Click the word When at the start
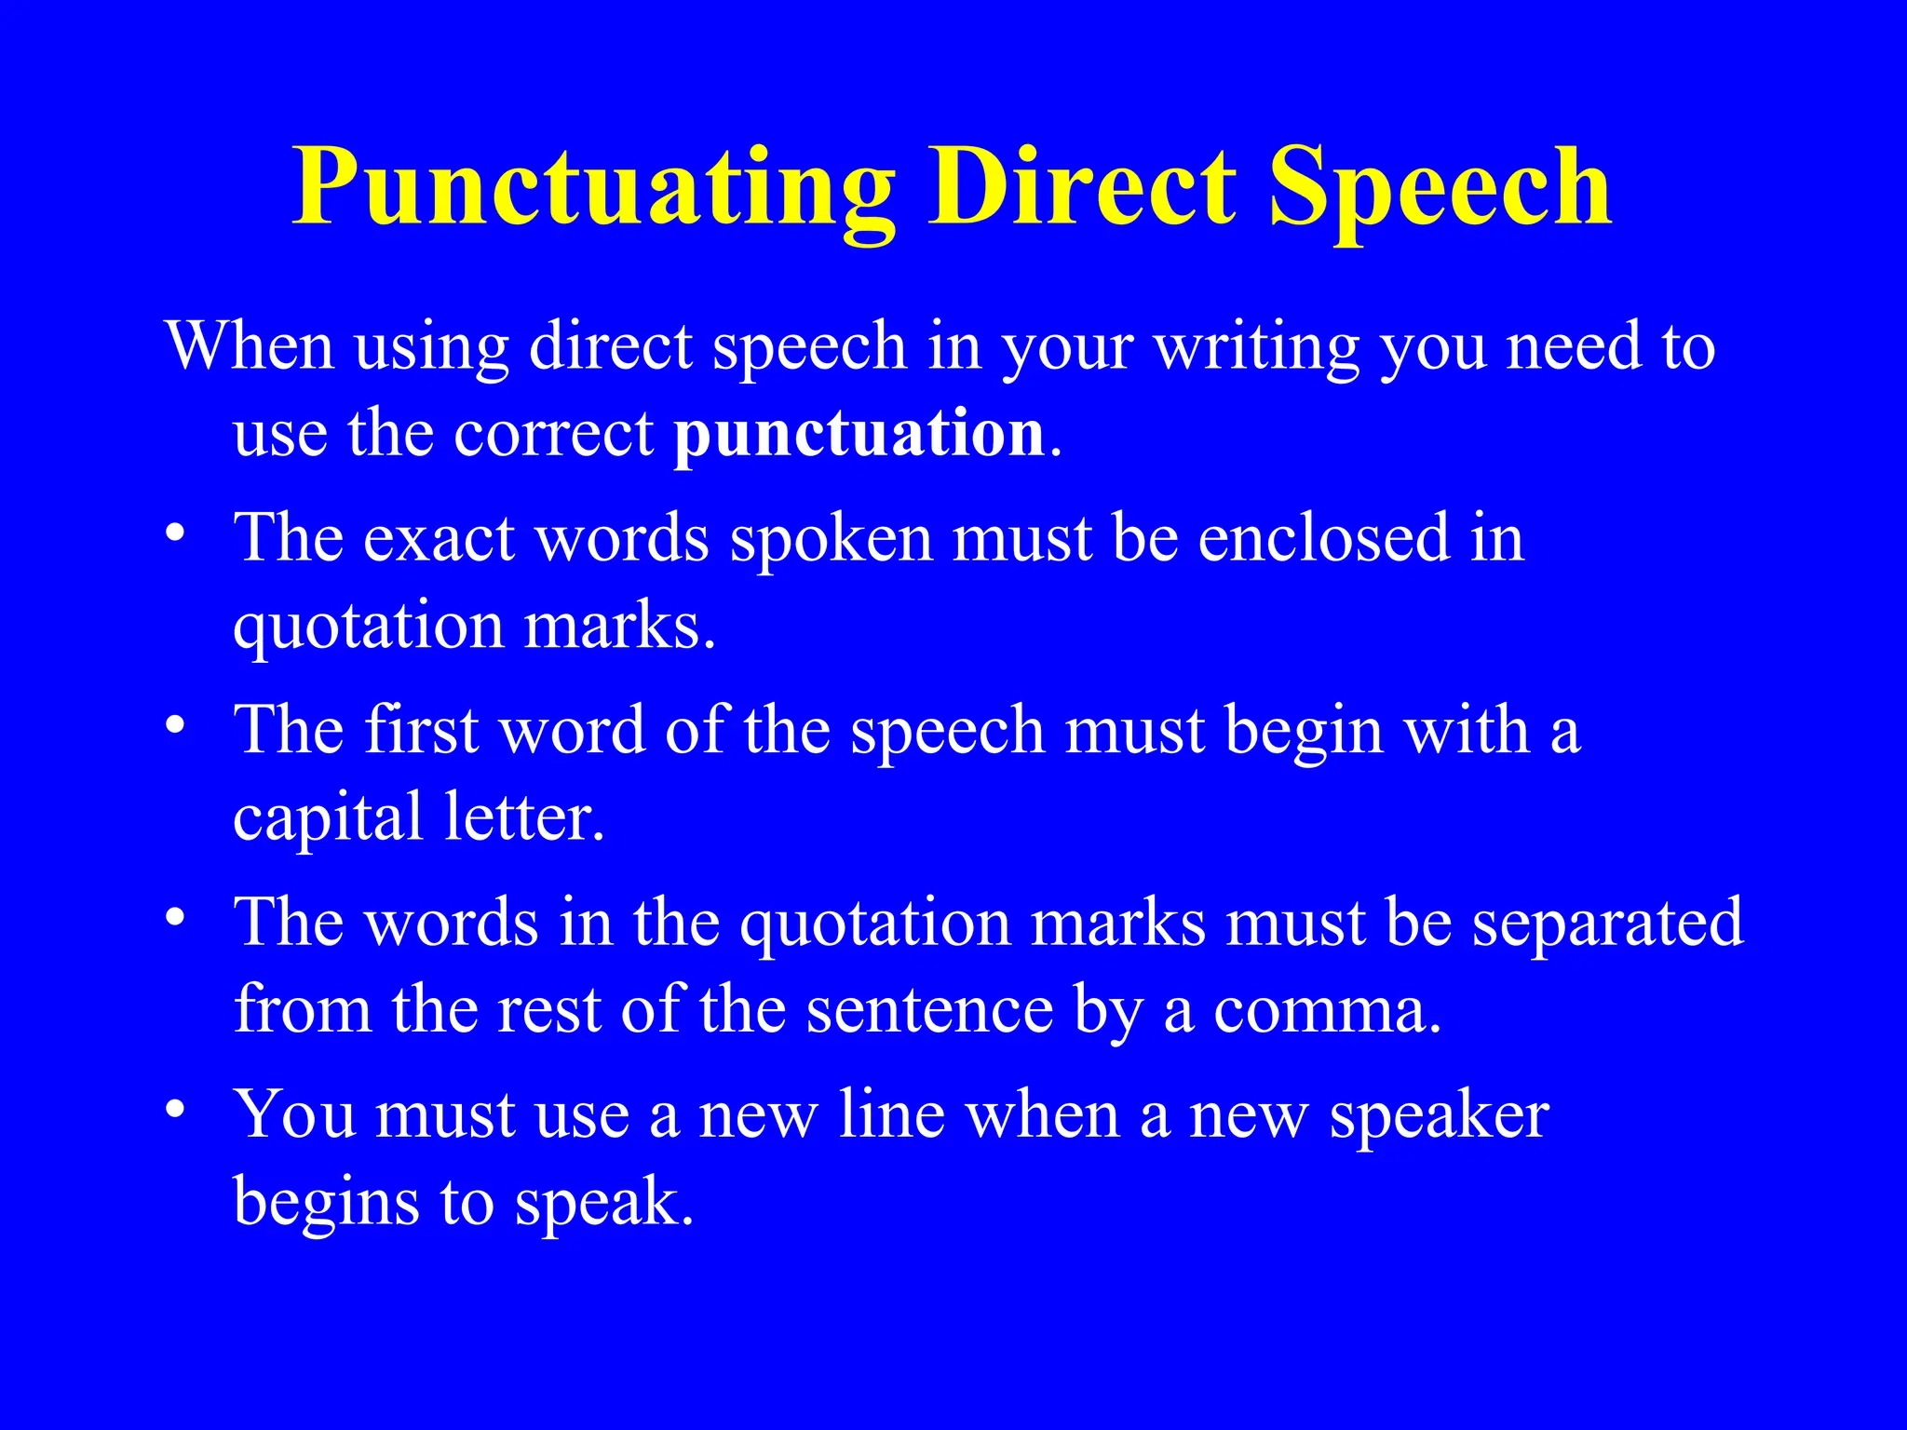[x=250, y=346]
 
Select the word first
[x=422, y=730]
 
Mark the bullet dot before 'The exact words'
[x=174, y=537]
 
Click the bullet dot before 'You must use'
[x=174, y=1113]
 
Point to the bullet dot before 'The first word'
[x=174, y=728]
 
